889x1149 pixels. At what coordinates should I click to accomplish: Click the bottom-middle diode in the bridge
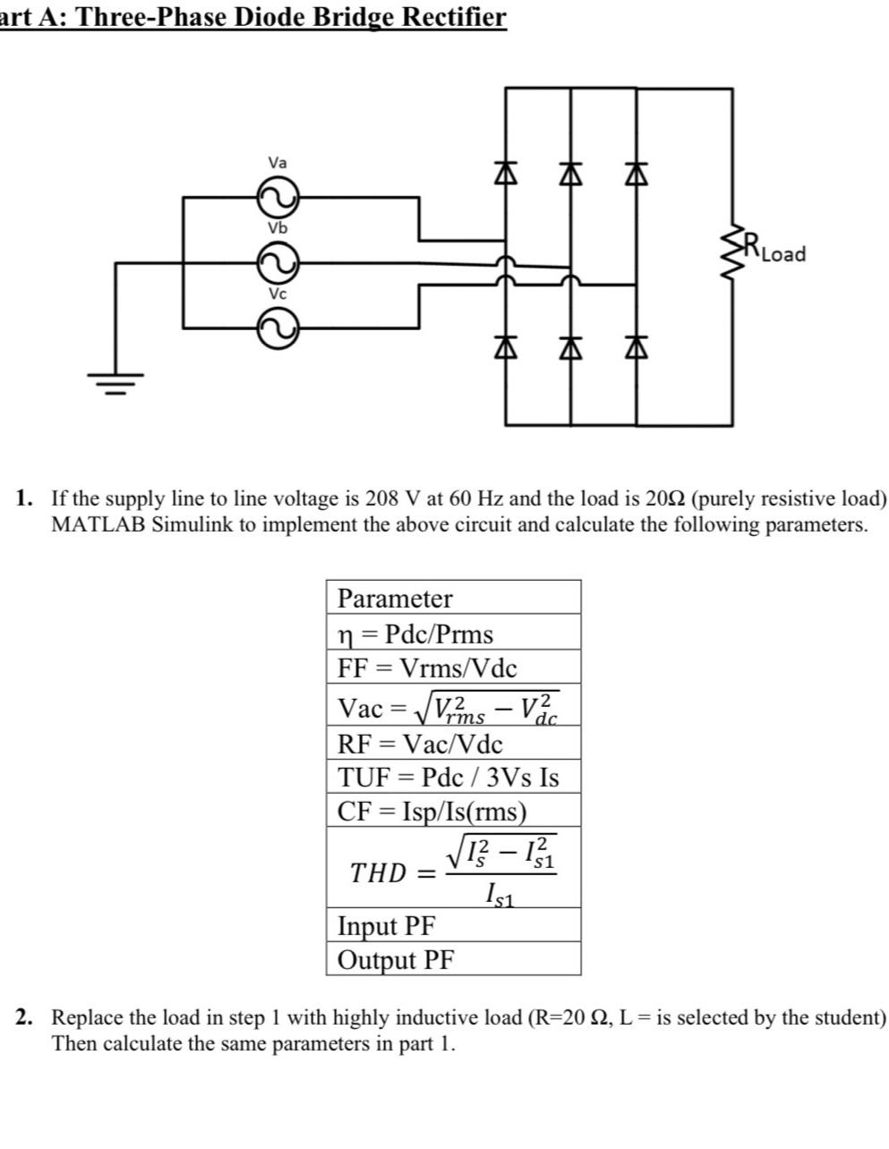pyautogui.click(x=571, y=345)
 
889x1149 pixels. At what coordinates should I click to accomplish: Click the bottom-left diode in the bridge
pyautogui.click(x=507, y=345)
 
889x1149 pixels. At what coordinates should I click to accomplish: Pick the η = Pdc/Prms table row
pyautogui.click(x=453, y=634)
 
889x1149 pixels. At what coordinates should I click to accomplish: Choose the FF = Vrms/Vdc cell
pyautogui.click(x=453, y=668)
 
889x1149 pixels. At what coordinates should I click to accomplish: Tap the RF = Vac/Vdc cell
pyautogui.click(x=453, y=744)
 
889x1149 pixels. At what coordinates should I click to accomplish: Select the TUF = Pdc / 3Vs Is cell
pyautogui.click(x=453, y=777)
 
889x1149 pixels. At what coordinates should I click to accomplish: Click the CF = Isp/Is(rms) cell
pyautogui.click(x=453, y=811)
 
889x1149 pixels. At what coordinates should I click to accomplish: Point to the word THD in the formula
pyautogui.click(x=378, y=872)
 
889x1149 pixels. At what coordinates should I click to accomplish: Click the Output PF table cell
pyautogui.click(x=453, y=959)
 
